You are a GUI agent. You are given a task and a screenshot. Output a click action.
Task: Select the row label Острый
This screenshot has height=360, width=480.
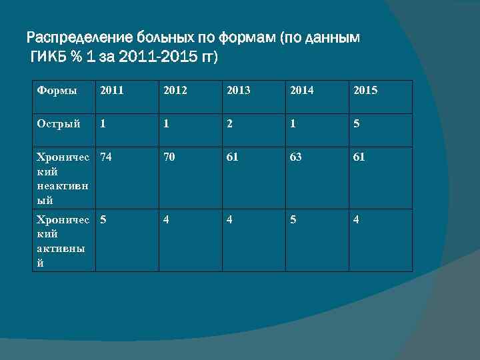59,123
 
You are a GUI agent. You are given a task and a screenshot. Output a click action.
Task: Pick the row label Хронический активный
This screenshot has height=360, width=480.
63,240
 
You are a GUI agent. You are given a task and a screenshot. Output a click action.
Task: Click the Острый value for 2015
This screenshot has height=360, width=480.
357,123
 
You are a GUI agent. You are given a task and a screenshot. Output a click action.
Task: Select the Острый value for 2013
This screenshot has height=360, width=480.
229,123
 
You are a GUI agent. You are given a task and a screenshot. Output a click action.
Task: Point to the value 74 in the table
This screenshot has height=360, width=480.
105,158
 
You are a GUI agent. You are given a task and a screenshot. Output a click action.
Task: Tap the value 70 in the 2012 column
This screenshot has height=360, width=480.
168,158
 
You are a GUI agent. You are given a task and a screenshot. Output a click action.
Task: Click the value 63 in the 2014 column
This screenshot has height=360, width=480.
295,158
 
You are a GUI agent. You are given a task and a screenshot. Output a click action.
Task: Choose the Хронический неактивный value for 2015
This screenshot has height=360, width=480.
359,158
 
